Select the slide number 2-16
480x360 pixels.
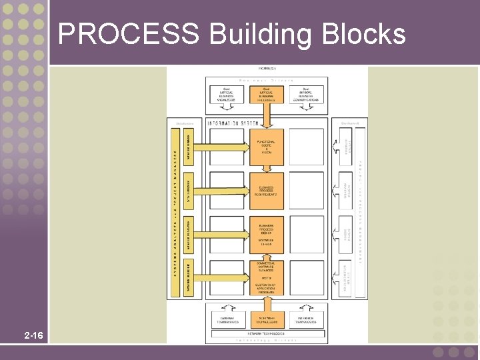[33, 335]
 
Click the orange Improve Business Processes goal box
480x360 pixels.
[267, 95]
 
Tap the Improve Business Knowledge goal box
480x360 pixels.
[227, 95]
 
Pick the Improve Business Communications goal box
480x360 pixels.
[306, 95]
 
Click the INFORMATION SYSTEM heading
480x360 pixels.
[233, 124]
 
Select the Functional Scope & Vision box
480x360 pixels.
[267, 147]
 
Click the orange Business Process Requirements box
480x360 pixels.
[267, 190]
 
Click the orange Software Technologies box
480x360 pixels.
[267, 319]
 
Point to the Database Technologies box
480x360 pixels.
[227, 319]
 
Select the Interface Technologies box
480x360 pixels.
[306, 319]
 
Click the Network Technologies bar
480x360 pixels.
[267, 333]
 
